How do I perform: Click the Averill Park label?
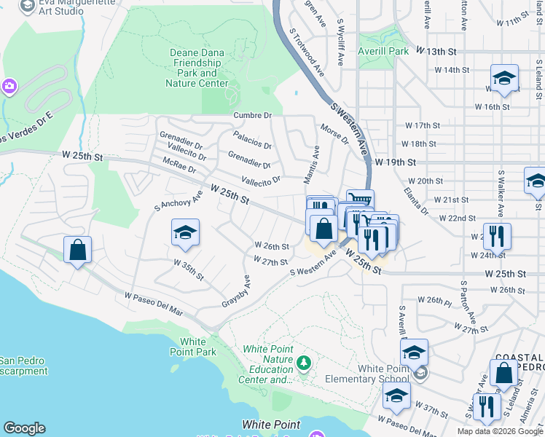(384, 52)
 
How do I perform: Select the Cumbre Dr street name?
(252, 115)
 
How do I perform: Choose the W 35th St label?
(188, 270)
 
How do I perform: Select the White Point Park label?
(198, 347)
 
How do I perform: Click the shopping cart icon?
(360, 200)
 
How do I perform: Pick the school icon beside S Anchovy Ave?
(185, 233)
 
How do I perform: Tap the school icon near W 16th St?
(504, 78)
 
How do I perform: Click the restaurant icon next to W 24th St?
(497, 236)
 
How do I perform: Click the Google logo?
(24, 428)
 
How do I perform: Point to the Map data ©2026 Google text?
(499, 431)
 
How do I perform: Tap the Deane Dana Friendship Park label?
(198, 68)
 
